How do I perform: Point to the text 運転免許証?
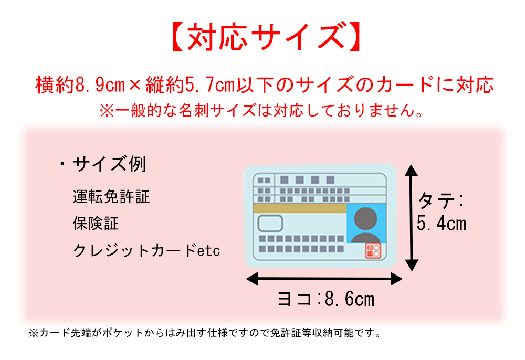coord(111,197)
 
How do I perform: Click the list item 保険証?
coord(96,224)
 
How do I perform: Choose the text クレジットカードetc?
coord(146,250)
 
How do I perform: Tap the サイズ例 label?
coord(109,165)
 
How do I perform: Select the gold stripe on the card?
coord(300,208)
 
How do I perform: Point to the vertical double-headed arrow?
coord(412,218)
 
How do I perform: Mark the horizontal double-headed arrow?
coord(324,279)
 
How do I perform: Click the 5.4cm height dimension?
coord(442,224)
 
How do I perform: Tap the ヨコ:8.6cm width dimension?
coord(325,299)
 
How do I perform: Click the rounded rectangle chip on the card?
coord(270,224)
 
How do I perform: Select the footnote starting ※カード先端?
coord(205,333)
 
